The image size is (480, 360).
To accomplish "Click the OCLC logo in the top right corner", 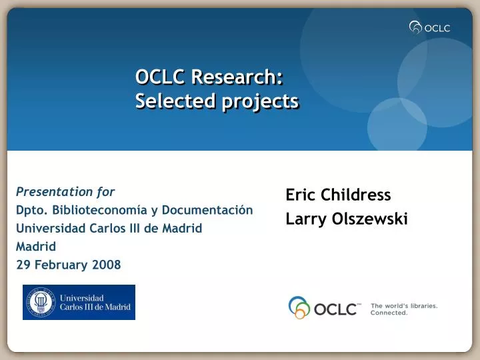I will coord(430,27).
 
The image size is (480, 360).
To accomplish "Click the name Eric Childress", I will coord(338,195).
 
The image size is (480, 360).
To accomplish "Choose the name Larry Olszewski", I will coord(347,218).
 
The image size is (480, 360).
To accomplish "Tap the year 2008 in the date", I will coord(107,265).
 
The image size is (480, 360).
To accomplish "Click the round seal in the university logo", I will coord(41,302).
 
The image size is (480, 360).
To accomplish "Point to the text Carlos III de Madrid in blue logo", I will coord(96,307).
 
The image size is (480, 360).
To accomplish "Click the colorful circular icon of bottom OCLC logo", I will coord(299,307).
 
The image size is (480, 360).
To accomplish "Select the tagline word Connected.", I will coord(389,313).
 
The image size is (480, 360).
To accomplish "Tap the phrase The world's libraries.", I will coord(404,305).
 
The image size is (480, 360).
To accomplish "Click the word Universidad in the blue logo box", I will coord(83,297).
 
